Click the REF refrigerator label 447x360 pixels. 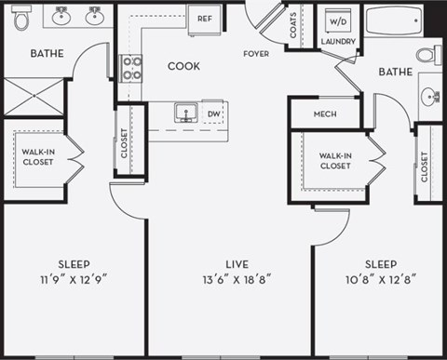[204, 18]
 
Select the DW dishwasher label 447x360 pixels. [213, 114]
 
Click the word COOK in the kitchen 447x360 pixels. [184, 66]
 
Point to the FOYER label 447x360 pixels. [256, 54]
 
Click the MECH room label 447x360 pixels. [325, 114]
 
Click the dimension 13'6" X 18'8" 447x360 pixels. [228, 277]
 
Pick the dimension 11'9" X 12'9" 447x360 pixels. [74, 277]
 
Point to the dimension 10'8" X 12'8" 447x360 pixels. [380, 277]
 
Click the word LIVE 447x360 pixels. [228, 263]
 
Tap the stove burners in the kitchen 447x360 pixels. [131, 68]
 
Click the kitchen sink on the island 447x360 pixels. [185, 113]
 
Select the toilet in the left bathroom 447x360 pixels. [22, 16]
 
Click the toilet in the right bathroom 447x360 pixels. [427, 55]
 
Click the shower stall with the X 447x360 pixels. [34, 97]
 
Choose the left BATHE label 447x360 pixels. [47, 53]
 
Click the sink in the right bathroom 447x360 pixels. [430, 96]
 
